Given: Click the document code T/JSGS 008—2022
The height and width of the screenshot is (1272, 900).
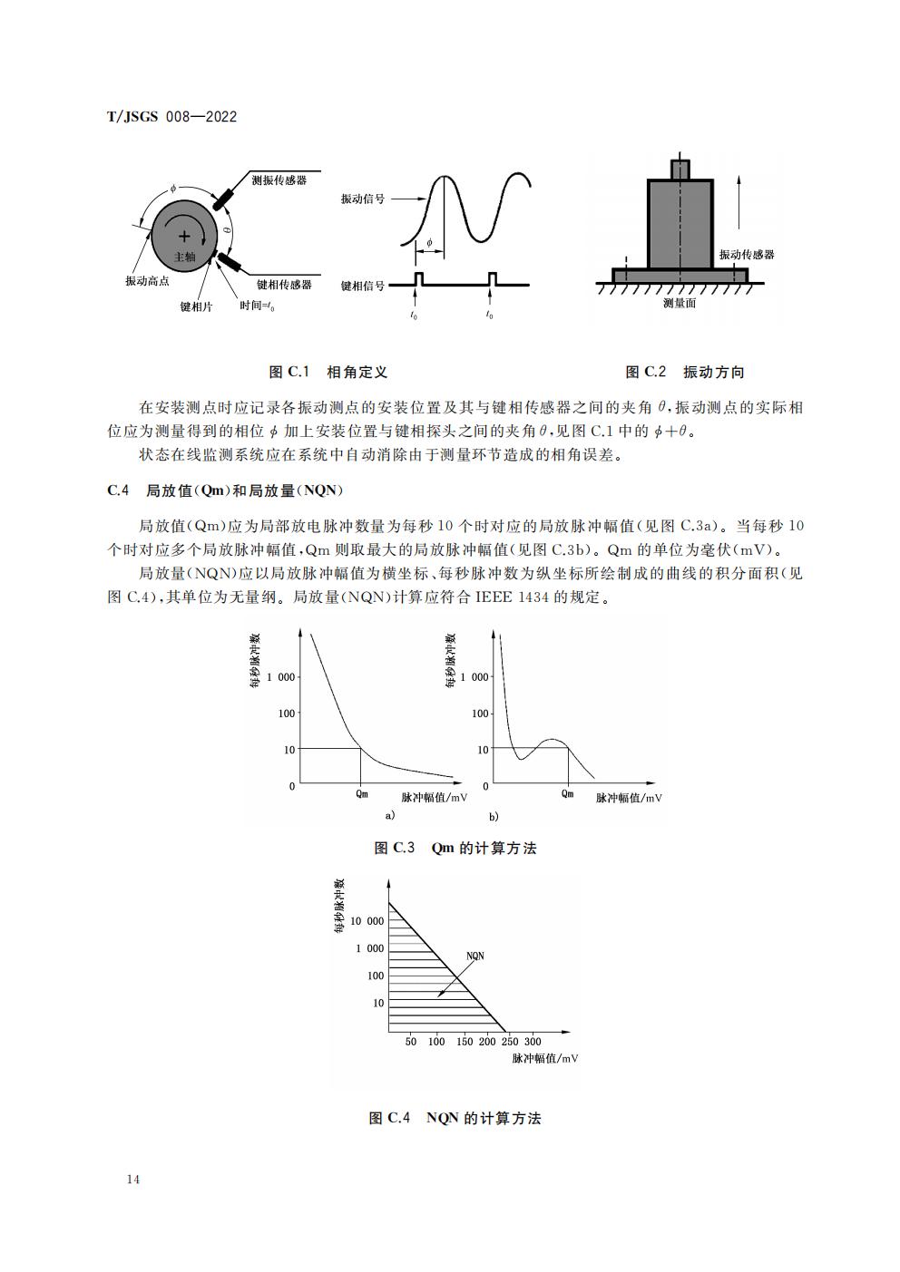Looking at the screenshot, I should point(171,117).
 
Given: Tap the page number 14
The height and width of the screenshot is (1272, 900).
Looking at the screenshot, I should point(133,1180).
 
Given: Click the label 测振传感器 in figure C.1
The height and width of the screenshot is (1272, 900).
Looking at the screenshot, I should point(279,180).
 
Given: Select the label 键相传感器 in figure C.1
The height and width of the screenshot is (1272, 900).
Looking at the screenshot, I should point(284,285).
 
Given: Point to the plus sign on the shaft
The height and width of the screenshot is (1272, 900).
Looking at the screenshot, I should point(184,238).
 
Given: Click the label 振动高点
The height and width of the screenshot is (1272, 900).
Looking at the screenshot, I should point(147,281).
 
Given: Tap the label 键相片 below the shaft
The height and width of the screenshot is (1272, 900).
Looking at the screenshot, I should point(196,307).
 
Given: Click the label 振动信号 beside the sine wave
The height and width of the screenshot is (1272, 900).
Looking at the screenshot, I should point(362,199).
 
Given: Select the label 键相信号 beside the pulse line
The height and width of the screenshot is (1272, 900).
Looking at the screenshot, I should point(362,286).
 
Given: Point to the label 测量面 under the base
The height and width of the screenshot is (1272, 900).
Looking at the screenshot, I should point(680,304).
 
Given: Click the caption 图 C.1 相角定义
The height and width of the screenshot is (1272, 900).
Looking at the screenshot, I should point(328,373).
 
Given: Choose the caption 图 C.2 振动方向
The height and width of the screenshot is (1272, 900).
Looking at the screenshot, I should point(685,373).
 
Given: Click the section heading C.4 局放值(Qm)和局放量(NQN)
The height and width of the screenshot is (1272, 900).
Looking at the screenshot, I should point(224,490).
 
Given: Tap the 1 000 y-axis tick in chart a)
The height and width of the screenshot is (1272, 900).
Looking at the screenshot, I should point(281,677).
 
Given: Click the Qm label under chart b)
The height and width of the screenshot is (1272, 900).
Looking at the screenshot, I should point(568,794).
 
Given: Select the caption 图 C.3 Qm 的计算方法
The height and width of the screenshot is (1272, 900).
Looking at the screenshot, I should point(455,849).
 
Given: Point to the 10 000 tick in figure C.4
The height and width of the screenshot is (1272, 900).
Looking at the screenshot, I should point(367,921).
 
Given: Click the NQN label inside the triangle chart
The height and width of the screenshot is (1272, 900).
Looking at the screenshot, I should point(474,956).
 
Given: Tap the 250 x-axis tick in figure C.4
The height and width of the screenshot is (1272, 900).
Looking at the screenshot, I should point(510,1043).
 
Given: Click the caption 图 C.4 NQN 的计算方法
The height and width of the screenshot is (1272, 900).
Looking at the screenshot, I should point(455,1119).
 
